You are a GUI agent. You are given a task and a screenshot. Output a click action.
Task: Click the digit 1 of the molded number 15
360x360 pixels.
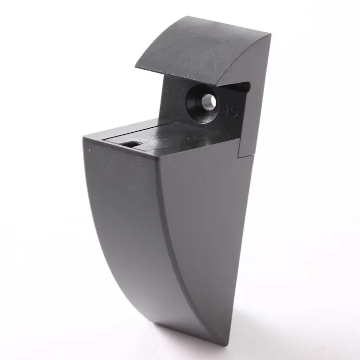tap(228, 111)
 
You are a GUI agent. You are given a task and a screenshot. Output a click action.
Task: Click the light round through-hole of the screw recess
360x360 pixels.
tap(209, 101)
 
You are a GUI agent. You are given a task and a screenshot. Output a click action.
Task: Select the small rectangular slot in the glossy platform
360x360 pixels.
tap(131, 144)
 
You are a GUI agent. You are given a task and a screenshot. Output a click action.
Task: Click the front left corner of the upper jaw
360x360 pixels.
tap(135, 67)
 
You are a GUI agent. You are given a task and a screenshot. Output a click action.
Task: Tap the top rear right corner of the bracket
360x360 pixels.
tap(271, 35)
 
